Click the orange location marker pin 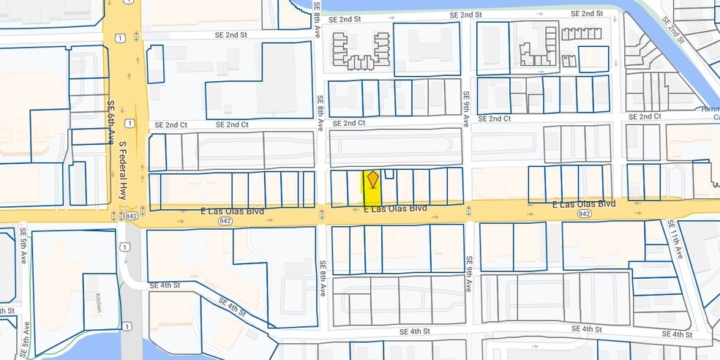pos(372,179)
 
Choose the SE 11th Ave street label pos(677,241)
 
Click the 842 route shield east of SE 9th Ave pos(584,214)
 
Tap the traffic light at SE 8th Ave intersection pos(321,214)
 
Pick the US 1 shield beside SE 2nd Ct pos(130,123)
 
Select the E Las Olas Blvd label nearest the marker pos(395,209)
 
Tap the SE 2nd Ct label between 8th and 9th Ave pos(348,124)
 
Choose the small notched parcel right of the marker pos(389,173)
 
